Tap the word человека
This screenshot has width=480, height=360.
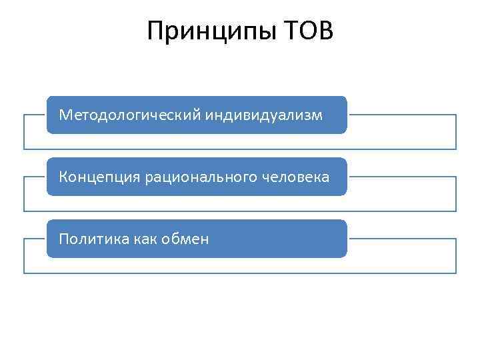coord(291,177)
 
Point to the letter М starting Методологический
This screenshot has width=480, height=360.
coord(65,115)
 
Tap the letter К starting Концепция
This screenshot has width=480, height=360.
coord(63,177)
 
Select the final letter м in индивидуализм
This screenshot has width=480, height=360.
coord(317,115)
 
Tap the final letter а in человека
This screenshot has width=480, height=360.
coord(325,177)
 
